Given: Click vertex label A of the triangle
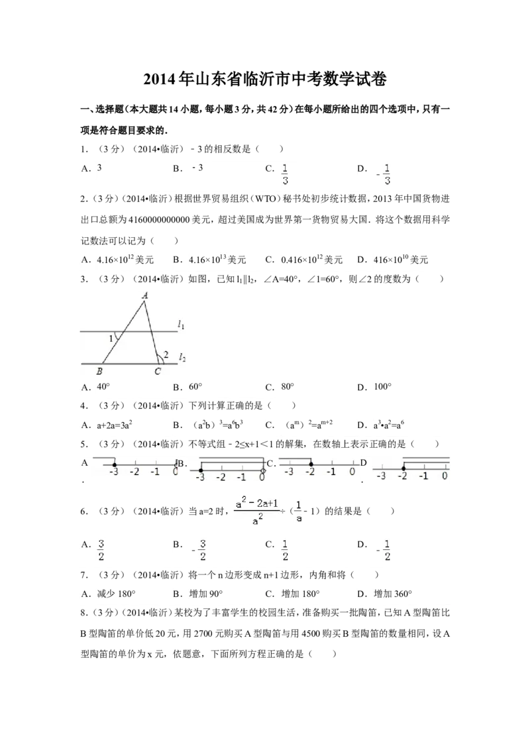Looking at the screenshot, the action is [144, 295].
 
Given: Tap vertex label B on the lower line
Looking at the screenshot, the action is [99, 371].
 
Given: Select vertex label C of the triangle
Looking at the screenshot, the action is [158, 371].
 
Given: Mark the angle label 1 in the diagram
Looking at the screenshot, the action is [111, 339].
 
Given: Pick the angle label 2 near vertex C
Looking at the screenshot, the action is [166, 354].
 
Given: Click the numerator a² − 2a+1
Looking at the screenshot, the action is [257, 503].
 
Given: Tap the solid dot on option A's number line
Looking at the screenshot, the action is [115, 464].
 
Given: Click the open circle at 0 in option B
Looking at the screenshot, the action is [263, 470].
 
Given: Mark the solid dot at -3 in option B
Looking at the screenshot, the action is [201, 470].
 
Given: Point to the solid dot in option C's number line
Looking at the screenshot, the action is [311, 464].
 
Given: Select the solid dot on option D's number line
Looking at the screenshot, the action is [403, 468].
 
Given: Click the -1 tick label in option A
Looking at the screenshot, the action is [155, 472].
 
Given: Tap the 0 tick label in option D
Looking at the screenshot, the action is [445, 476].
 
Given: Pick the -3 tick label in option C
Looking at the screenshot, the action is [289, 472].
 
